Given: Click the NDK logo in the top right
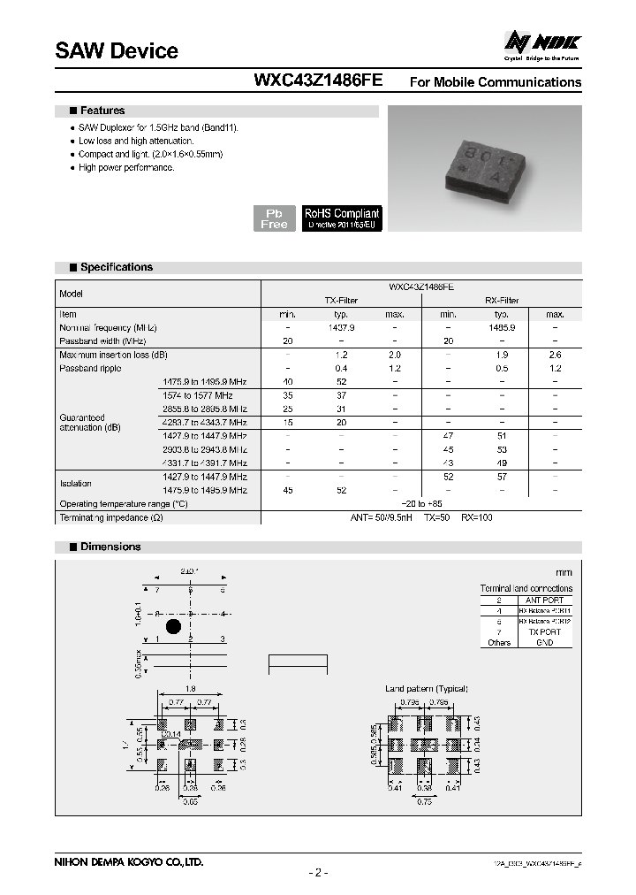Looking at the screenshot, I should point(541,43).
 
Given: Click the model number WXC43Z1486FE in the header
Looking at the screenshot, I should point(318,80).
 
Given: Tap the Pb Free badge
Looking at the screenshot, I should point(274,218).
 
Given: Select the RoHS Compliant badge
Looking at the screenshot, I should point(342,218).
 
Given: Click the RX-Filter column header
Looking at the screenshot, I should point(502,301).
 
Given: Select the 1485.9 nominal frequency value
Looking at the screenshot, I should point(502,327).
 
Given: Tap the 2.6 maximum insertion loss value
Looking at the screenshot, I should point(555,355).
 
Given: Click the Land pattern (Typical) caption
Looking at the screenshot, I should point(427,688).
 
